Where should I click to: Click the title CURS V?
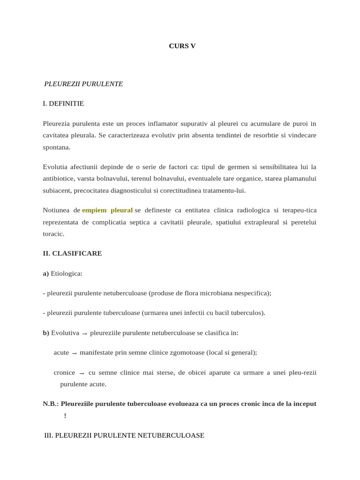click(x=182, y=46)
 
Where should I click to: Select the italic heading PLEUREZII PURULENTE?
click(x=83, y=84)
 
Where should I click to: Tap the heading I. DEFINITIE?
click(x=63, y=104)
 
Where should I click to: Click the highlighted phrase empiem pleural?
click(x=107, y=210)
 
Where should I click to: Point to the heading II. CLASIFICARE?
click(x=72, y=253)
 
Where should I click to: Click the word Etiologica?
click(x=66, y=273)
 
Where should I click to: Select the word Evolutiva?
click(x=65, y=333)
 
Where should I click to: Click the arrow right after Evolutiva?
click(x=84, y=333)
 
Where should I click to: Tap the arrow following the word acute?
click(x=74, y=353)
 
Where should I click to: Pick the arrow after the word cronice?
click(x=82, y=373)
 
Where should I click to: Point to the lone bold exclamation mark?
click(x=65, y=416)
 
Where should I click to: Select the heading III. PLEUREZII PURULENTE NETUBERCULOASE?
click(x=124, y=435)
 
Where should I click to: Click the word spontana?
click(x=56, y=147)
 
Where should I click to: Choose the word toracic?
click(x=53, y=234)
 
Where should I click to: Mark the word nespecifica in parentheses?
click(x=252, y=293)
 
